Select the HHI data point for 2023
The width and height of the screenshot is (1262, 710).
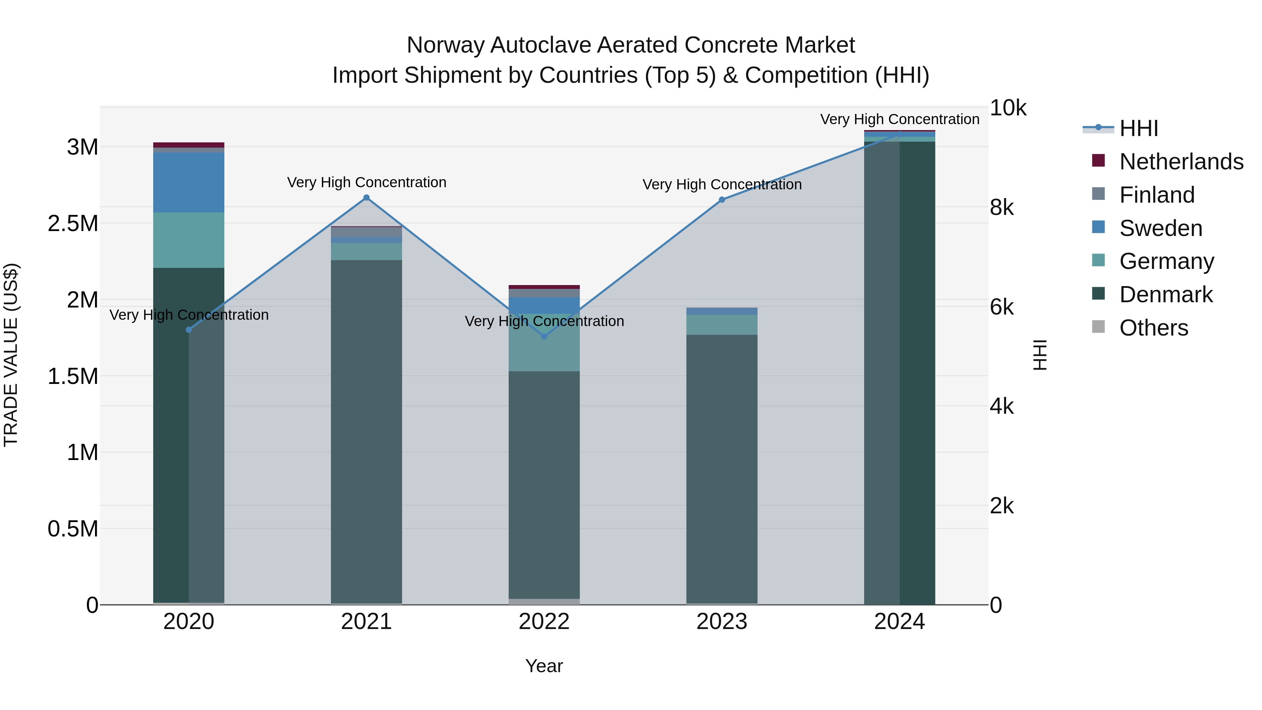tap(722, 200)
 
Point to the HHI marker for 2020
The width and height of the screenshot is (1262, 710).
tap(189, 330)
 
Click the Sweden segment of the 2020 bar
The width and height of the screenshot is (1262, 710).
tap(189, 182)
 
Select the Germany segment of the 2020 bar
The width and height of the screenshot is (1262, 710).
tap(189, 240)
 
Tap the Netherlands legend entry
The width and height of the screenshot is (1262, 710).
tap(1181, 162)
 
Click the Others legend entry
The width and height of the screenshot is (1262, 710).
tap(1153, 328)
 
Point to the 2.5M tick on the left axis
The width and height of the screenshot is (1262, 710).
tap(73, 223)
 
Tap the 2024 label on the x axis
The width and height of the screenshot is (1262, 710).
tap(900, 622)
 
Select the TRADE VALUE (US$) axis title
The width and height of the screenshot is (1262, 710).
tap(11, 355)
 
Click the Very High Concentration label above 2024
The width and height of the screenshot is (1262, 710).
tap(900, 120)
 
